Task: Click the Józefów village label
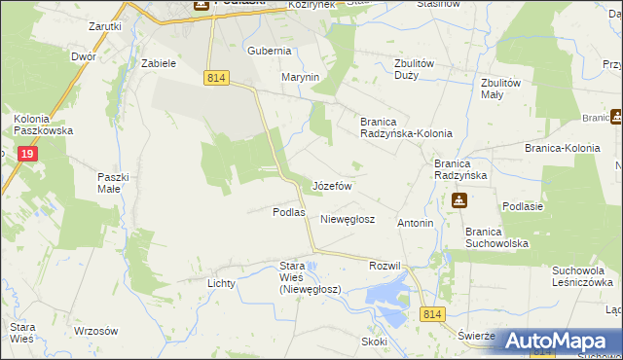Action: [332, 185]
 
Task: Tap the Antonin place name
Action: [416, 223]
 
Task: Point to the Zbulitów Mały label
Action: [501, 89]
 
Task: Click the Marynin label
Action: [301, 77]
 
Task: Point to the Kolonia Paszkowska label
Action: [38, 126]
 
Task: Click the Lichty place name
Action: [222, 283]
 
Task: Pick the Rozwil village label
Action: [385, 266]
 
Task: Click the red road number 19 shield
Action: [26, 153]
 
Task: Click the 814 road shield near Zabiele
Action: [217, 79]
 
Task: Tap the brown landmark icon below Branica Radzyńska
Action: [458, 200]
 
